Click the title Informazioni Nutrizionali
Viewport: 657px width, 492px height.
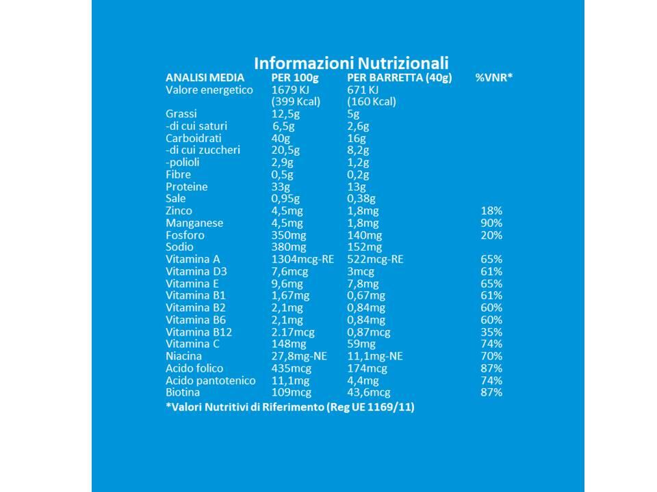[351, 63]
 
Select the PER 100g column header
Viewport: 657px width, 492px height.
[295, 78]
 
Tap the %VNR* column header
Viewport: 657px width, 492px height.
[494, 77]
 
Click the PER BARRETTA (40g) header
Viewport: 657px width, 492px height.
[399, 78]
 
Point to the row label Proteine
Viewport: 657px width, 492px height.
[186, 187]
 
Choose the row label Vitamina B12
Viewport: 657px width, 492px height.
[198, 332]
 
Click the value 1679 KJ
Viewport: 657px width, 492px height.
[290, 90]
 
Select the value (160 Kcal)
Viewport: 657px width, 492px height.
[371, 102]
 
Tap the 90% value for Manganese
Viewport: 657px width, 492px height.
[491, 223]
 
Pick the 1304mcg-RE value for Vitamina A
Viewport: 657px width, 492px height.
[302, 260]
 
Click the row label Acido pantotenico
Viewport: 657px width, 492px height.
[210, 381]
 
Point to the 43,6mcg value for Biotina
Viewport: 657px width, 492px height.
[369, 392]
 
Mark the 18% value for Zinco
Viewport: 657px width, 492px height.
[491, 211]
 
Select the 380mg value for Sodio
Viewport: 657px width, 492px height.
[288, 247]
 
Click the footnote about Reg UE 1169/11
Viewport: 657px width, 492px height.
[290, 407]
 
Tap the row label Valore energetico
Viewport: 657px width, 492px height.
[209, 90]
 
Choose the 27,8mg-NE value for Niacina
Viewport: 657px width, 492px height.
[299, 357]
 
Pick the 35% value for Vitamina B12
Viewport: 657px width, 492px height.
[491, 332]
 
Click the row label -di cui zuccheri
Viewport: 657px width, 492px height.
[203, 150]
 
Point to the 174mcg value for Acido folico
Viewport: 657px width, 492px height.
[367, 368]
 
